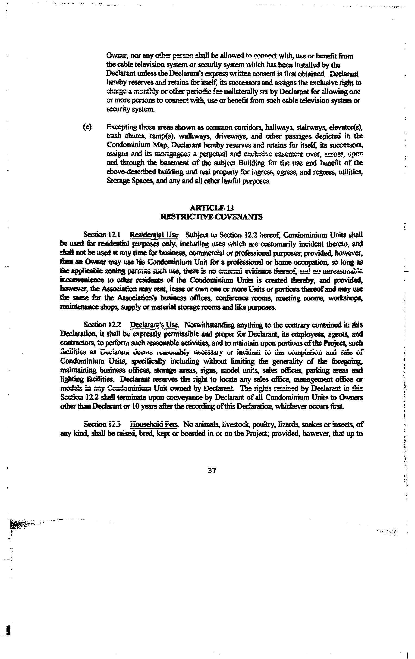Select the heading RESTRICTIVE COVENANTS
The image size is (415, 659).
(211, 217)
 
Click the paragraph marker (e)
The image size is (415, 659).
(87, 127)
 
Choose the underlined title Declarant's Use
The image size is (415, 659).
(154, 325)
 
